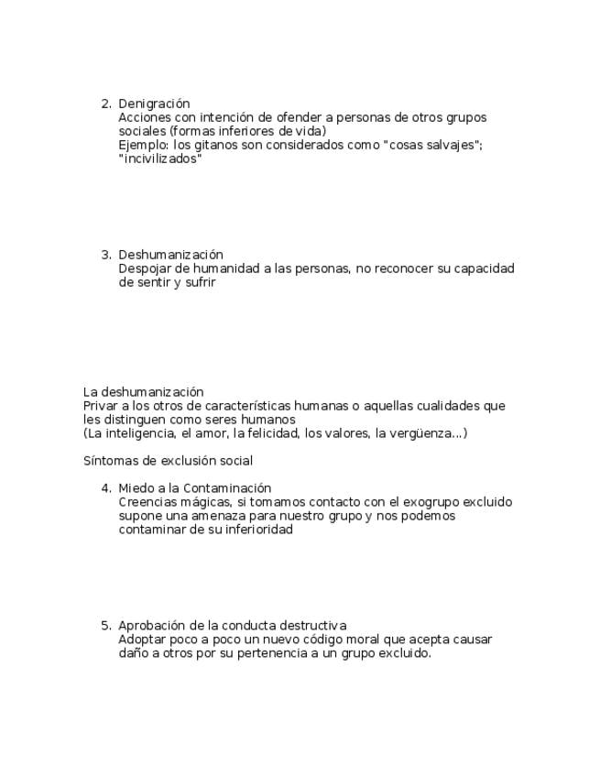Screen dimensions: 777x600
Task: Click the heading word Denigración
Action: click(154, 104)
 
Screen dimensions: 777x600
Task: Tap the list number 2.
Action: click(105, 104)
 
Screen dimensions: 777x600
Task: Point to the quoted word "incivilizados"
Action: click(160, 159)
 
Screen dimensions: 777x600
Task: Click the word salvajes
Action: click(457, 145)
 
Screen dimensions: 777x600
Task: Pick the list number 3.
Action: click(105, 255)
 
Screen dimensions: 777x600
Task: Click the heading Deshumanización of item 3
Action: click(170, 255)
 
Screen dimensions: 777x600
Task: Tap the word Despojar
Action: click(144, 268)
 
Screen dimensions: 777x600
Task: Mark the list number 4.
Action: click(105, 488)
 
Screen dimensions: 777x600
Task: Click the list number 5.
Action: click(105, 626)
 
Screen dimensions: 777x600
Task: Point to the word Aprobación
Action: click(152, 626)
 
